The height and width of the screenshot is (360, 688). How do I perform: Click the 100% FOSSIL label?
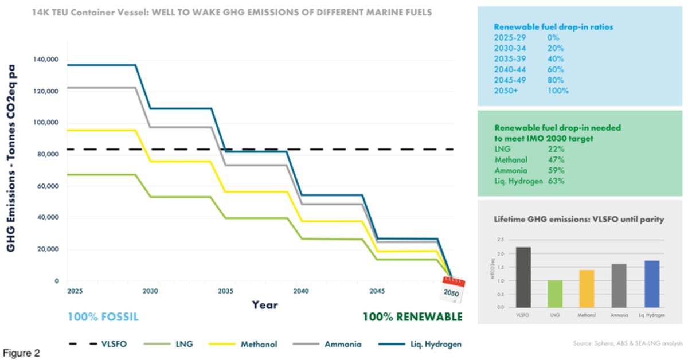pyautogui.click(x=103, y=317)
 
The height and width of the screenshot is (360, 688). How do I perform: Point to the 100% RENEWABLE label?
pyautogui.click(x=412, y=317)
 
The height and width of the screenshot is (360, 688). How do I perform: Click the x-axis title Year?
pyautogui.click(x=265, y=305)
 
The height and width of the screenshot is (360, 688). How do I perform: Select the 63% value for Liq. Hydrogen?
pyautogui.click(x=557, y=181)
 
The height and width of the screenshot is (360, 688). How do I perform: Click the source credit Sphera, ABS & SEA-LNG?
pyautogui.click(x=628, y=343)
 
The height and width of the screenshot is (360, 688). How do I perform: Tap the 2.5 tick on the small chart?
pyautogui.click(x=500, y=240)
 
